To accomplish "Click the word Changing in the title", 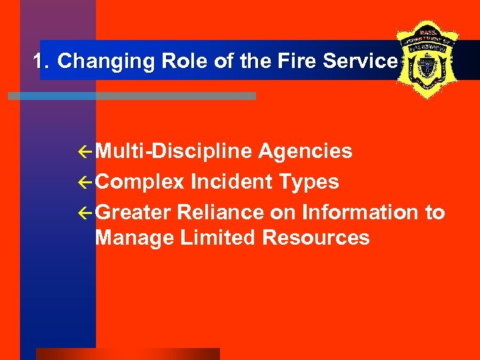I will pyautogui.click(x=97, y=61).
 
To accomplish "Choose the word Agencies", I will pyautogui.click(x=305, y=152).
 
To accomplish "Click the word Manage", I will pyautogui.click(x=135, y=237).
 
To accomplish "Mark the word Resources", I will pyautogui.click(x=316, y=237).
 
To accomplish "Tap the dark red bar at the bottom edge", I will pyautogui.click(x=127, y=354).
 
